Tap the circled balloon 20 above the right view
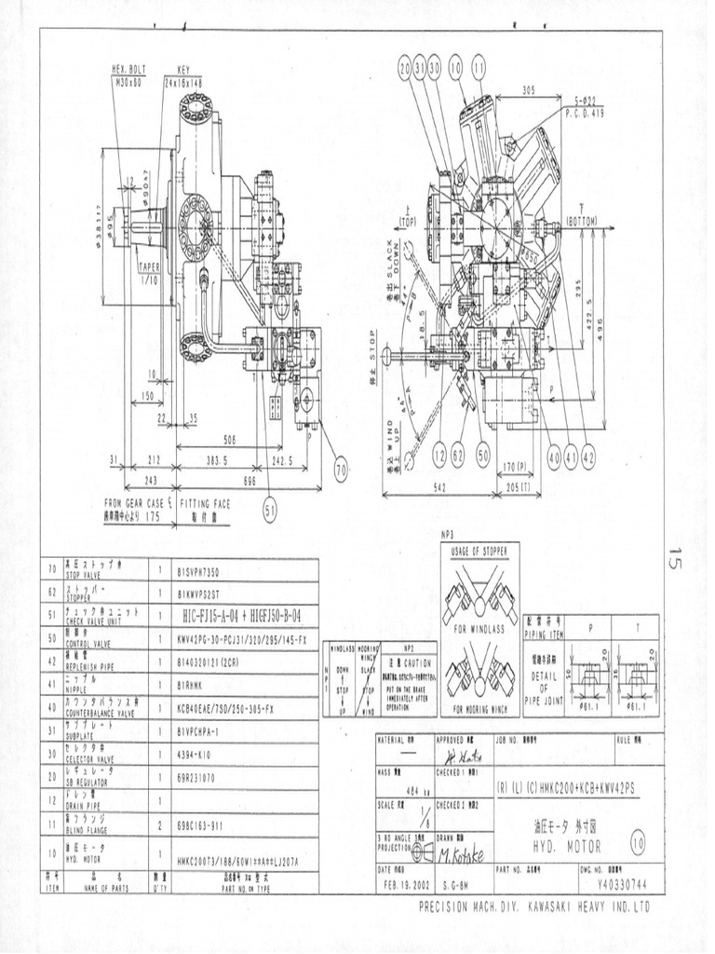405,68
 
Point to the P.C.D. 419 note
585,112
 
